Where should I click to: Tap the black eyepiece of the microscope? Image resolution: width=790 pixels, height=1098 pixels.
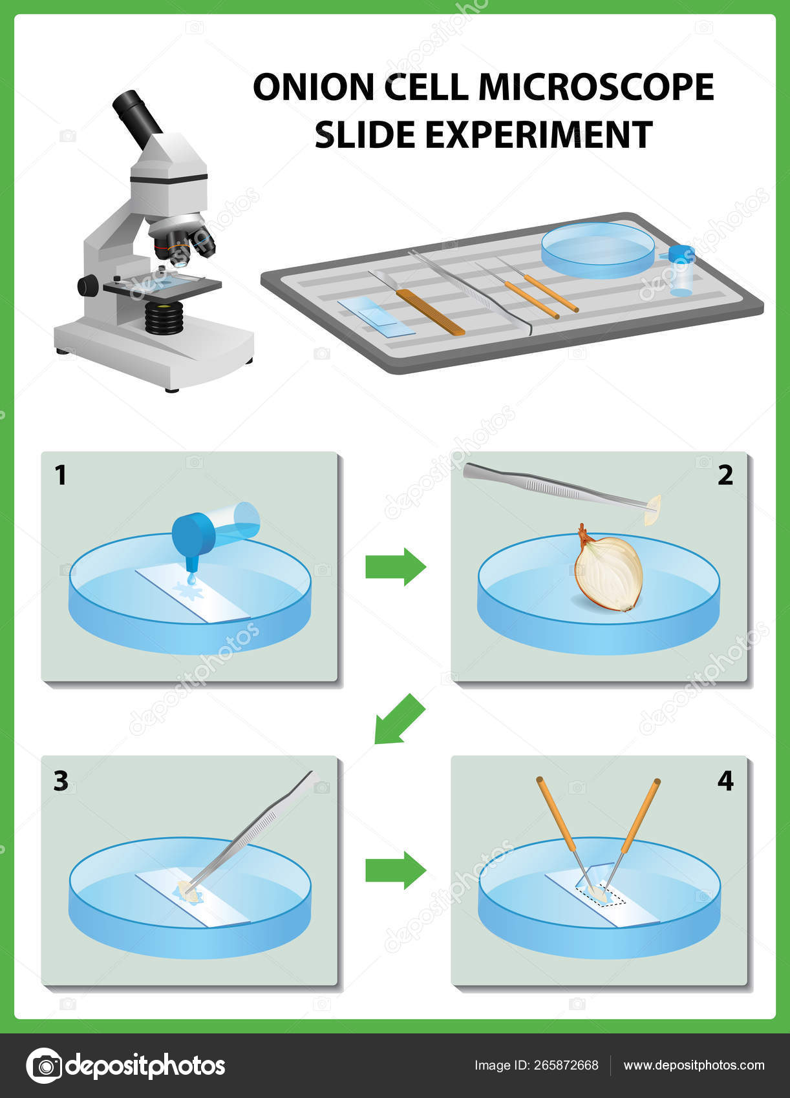tap(136, 117)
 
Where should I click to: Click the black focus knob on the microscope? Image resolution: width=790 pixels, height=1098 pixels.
tap(88, 285)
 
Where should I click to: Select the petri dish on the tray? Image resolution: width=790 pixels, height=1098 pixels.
tap(598, 250)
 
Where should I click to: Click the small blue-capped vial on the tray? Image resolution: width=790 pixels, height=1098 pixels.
tap(681, 270)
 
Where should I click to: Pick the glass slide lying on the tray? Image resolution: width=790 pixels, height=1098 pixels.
tap(376, 316)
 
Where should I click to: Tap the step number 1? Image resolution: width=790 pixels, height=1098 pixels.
tap(61, 475)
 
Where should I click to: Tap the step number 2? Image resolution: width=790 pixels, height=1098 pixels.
tap(725, 475)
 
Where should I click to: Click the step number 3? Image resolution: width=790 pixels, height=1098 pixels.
tap(61, 781)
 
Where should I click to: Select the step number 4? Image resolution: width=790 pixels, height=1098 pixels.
tap(725, 781)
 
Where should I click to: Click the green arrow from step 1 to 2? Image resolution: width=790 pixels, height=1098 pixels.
tap(395, 566)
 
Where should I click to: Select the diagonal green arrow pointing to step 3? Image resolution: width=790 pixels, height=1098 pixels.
tap(399, 720)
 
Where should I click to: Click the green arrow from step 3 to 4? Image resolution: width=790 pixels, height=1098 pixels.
tap(395, 869)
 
